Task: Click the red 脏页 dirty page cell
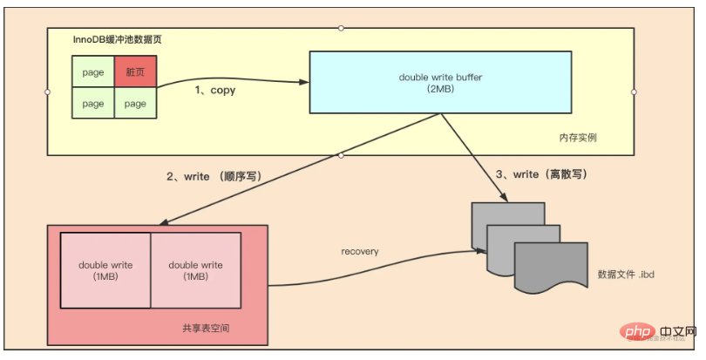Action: (x=135, y=71)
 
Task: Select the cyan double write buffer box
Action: (x=440, y=82)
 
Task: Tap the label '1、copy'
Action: (x=214, y=90)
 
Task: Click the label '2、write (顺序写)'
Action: (x=214, y=177)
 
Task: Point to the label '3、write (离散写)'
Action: (x=541, y=174)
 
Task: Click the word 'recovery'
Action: (x=360, y=251)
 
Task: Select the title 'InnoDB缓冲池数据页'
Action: (x=117, y=39)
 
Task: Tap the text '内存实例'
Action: (x=578, y=138)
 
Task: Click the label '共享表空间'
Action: (x=206, y=328)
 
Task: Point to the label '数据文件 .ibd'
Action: (x=626, y=274)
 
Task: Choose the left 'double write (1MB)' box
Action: (x=105, y=270)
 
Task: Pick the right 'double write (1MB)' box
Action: (x=196, y=270)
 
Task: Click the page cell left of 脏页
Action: (x=93, y=71)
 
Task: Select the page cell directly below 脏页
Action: (x=135, y=103)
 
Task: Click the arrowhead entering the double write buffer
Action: (x=305, y=82)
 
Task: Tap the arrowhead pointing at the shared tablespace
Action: (x=164, y=222)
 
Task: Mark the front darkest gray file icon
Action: (x=551, y=267)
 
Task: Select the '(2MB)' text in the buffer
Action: (x=440, y=89)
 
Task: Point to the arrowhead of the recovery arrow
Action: (x=482, y=251)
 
